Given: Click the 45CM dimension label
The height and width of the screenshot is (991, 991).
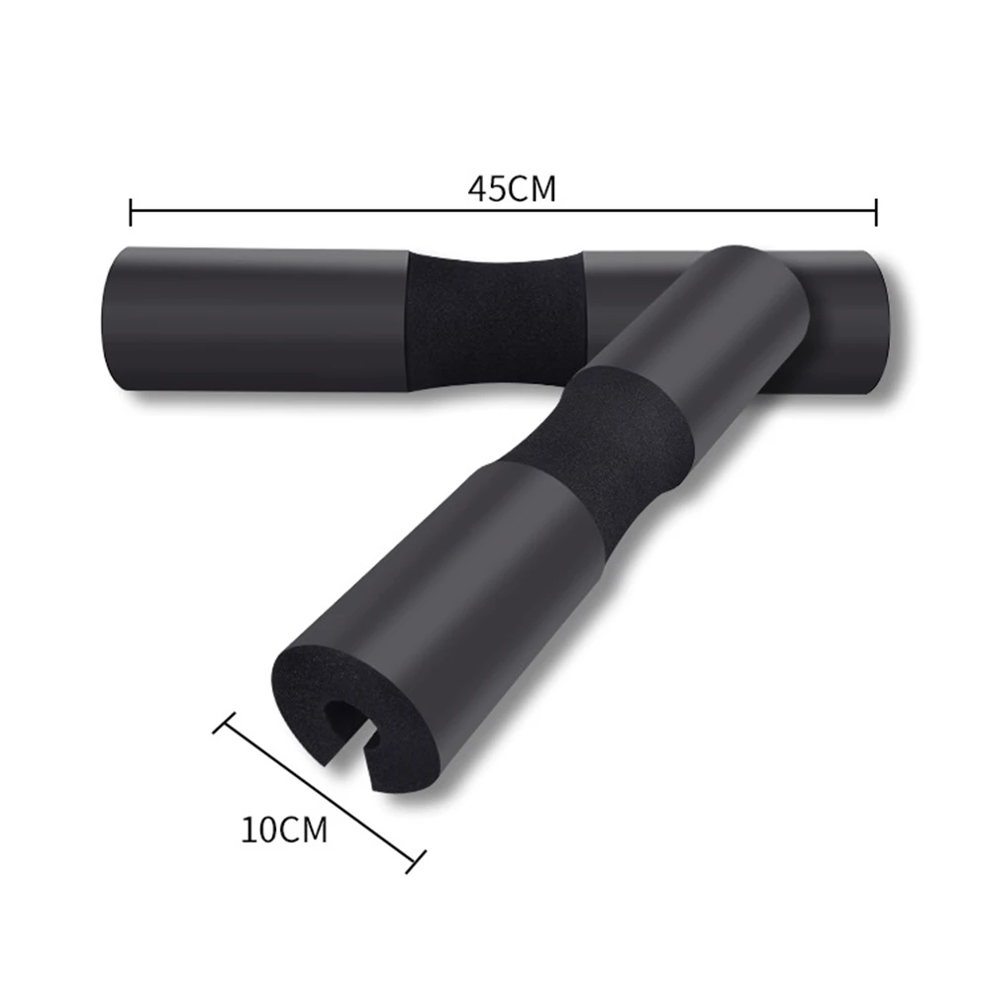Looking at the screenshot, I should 512,188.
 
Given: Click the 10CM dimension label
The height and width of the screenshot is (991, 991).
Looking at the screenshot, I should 284,830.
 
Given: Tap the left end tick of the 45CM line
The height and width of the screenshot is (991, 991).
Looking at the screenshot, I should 131,210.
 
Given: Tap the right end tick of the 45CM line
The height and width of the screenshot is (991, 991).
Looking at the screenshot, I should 876,210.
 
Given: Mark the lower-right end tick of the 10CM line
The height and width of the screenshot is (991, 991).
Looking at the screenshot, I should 417,860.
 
